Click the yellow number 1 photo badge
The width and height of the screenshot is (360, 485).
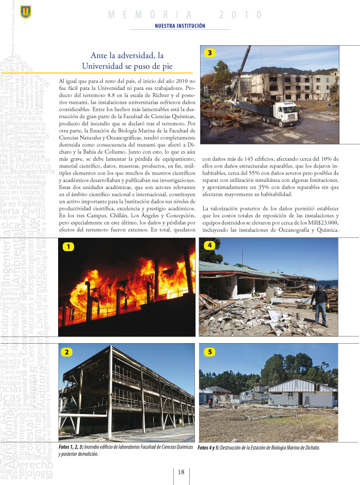pyautogui.click(x=68, y=247)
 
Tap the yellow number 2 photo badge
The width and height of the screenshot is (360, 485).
pyautogui.click(x=68, y=352)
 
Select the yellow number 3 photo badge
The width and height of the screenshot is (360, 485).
pyautogui.click(x=210, y=52)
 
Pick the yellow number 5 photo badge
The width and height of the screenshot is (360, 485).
pyautogui.click(x=209, y=352)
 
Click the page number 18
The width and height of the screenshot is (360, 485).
pyautogui.click(x=181, y=472)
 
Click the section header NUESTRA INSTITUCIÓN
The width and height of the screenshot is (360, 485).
pyautogui.click(x=180, y=26)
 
